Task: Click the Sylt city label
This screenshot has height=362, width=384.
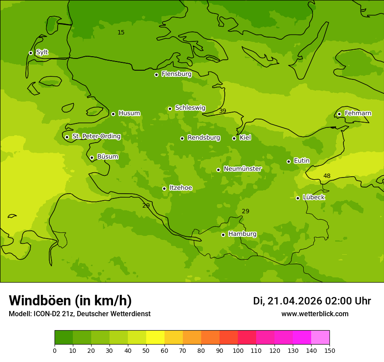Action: tap(42, 52)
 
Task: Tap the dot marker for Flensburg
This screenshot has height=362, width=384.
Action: tap(156, 75)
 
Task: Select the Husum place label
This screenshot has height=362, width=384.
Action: tap(129, 113)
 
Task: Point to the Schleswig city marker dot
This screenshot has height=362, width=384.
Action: tap(170, 109)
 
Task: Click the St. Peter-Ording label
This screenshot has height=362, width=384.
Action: tap(96, 137)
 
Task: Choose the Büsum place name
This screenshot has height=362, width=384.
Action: tap(107, 157)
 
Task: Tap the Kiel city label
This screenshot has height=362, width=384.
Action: tap(245, 138)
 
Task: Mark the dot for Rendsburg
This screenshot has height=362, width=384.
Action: tap(182, 138)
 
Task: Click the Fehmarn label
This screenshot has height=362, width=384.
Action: tap(358, 113)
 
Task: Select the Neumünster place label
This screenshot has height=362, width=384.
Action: tap(242, 169)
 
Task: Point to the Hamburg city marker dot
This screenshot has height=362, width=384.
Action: tap(223, 235)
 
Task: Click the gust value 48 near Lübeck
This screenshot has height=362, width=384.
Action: tap(327, 176)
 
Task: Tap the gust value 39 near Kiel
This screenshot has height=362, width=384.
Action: tap(223, 111)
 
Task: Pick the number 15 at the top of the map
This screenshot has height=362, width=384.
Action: tap(121, 33)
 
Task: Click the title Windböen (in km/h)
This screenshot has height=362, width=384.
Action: tap(70, 301)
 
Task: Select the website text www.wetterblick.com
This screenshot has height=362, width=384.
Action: tap(315, 314)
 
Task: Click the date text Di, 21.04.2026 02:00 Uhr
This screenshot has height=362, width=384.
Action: tap(312, 301)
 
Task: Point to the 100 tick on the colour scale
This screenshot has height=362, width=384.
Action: tap(238, 350)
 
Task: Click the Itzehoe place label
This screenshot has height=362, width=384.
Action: tap(181, 188)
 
